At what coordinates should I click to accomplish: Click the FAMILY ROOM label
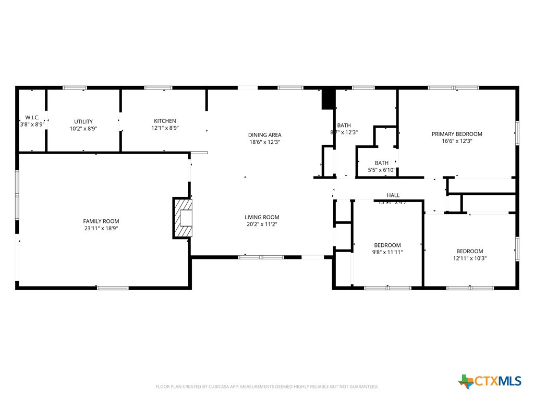tap(101, 221)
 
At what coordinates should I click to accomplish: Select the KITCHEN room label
tap(164, 121)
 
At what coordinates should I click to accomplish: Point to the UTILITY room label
tap(83, 121)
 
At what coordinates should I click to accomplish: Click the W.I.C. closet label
tap(32, 118)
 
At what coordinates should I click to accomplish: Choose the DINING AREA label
tap(264, 135)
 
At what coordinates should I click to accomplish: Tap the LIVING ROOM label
tap(262, 217)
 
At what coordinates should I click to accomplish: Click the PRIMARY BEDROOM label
tap(456, 134)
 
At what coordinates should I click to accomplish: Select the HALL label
tap(393, 195)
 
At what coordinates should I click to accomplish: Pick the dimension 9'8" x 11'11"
tap(387, 252)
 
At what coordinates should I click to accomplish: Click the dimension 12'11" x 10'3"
tap(469, 258)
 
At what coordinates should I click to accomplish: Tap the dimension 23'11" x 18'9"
tap(101, 228)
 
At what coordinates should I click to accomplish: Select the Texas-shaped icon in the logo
tap(466, 381)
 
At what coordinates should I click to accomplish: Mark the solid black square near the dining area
tap(327, 99)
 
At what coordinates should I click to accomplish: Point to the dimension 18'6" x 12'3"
tap(264, 142)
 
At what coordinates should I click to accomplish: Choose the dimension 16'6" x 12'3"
tap(456, 141)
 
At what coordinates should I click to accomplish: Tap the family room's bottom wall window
tap(113, 287)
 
